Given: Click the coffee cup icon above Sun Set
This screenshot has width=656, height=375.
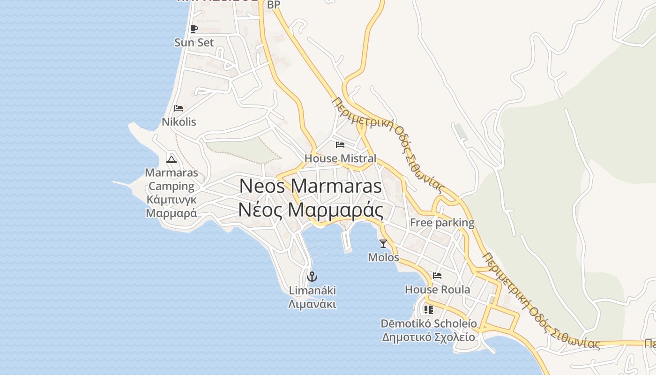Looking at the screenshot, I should click(194, 29).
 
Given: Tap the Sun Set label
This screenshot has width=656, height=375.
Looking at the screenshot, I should click(194, 43).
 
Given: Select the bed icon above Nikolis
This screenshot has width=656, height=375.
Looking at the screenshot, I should click(179, 108).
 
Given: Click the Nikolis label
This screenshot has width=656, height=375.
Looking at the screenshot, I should click(179, 122).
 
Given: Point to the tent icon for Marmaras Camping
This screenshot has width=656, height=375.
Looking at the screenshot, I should click(171, 159).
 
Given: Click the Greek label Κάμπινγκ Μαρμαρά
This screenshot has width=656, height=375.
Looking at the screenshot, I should click(171, 207).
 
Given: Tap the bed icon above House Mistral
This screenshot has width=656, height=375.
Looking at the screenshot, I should click(340, 145).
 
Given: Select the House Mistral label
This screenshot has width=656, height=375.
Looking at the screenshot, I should click(340, 158).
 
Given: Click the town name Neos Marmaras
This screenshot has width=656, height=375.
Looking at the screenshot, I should click(311, 186).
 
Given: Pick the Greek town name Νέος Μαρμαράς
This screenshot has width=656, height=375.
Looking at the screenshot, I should click(311, 210).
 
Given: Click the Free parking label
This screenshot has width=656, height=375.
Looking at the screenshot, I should click(442, 223).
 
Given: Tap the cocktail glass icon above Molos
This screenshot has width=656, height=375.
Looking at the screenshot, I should click(383, 243).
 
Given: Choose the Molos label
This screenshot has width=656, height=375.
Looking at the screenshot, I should click(383, 257).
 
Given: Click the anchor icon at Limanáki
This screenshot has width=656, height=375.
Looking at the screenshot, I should click(312, 276).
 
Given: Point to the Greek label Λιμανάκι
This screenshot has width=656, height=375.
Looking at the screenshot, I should click(312, 304).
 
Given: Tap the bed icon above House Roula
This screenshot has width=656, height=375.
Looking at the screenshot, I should click(437, 276).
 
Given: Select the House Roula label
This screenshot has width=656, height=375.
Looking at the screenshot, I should click(437, 290).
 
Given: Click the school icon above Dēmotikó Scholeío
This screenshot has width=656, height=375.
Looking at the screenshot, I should click(428, 310).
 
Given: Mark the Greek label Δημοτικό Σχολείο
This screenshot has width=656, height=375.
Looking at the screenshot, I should click(428, 337).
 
